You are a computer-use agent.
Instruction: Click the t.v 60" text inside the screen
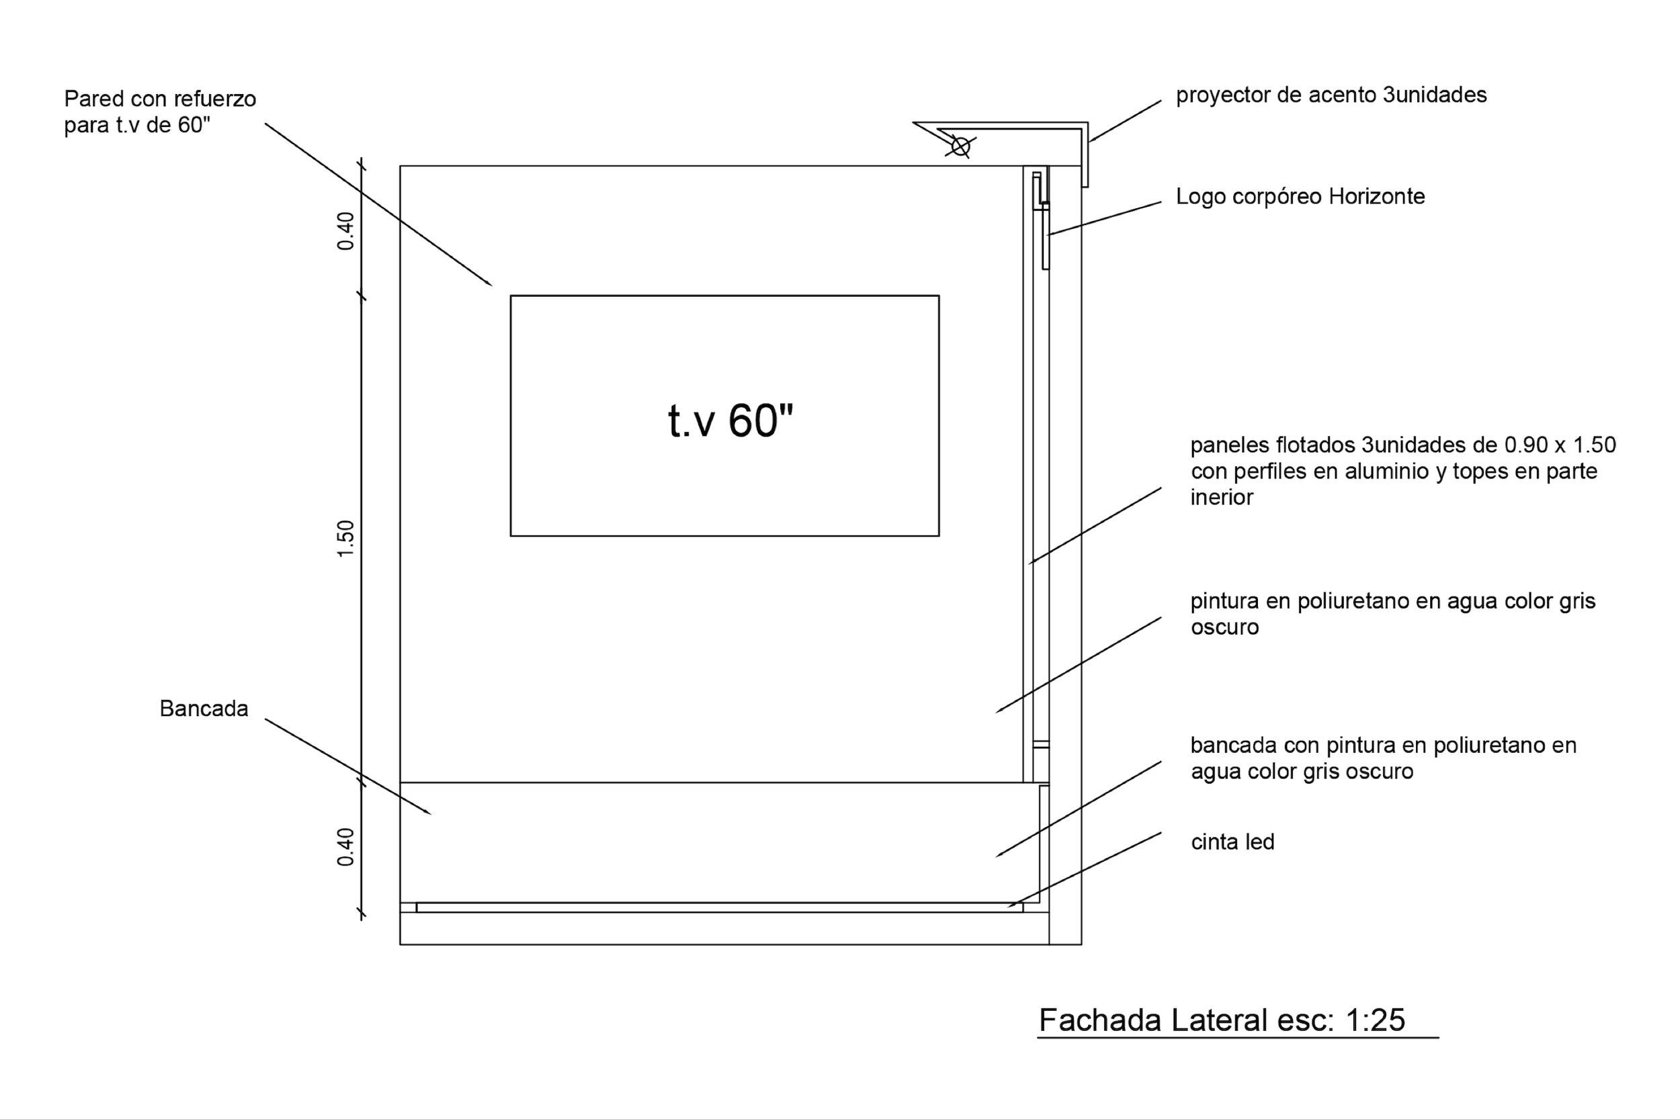tap(730, 420)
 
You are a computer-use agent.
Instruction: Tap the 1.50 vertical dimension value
tap(345, 539)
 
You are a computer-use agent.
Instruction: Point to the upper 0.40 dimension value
tap(345, 231)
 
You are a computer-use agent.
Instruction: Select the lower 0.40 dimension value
tap(345, 847)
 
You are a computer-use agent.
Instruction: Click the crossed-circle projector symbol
tap(960, 147)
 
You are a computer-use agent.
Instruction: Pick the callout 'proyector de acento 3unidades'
tap(1331, 95)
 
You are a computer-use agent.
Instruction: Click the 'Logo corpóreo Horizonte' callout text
tap(1300, 196)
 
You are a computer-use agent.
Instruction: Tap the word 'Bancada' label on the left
tap(204, 709)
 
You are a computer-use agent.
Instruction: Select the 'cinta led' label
tap(1232, 842)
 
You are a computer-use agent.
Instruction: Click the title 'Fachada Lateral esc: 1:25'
tap(1222, 1020)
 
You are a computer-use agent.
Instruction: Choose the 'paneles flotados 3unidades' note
tap(1403, 471)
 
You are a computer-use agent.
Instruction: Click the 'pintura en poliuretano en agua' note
tap(1392, 614)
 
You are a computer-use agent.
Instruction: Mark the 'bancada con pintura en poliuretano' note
tap(1383, 758)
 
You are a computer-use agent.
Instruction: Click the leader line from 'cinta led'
tap(1085, 869)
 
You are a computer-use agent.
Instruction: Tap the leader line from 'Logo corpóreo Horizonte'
tap(1105, 218)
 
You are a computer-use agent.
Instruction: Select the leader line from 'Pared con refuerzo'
tap(378, 205)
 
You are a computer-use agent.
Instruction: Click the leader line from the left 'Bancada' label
tap(347, 766)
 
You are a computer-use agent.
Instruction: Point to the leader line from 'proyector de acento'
tap(1125, 121)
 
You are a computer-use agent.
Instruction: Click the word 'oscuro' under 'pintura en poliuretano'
tap(1224, 627)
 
